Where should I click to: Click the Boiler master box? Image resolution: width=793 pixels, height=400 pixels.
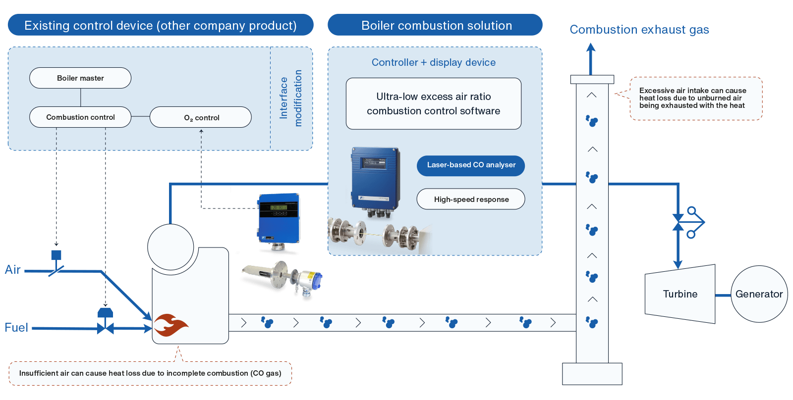point(80,78)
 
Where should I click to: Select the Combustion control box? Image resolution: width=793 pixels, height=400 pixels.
point(80,117)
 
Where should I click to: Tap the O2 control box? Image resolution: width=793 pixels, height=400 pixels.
point(201,117)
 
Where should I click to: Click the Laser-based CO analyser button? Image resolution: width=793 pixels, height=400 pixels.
point(471,165)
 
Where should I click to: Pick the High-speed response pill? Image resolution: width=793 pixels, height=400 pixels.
point(471,199)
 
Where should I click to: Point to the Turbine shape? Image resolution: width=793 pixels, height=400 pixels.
point(680,294)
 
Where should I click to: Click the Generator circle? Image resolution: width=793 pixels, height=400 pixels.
point(759,294)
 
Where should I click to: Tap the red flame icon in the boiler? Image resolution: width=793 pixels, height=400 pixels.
point(170,325)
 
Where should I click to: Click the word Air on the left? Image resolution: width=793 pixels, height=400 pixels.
point(13,270)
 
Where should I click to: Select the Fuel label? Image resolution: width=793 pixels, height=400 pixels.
point(16,327)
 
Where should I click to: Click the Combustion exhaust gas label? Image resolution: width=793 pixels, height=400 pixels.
point(639,30)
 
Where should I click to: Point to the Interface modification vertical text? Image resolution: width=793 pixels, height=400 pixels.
point(291,98)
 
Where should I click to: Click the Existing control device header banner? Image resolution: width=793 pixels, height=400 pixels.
point(161,25)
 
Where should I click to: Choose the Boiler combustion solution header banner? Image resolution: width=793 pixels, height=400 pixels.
point(436,25)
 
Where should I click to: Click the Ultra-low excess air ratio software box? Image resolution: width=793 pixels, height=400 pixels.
point(434,103)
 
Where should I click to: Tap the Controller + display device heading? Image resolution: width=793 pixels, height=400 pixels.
point(434,62)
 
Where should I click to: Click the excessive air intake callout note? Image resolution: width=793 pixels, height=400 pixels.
point(695,98)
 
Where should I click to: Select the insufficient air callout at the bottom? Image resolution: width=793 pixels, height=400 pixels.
point(150,373)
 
